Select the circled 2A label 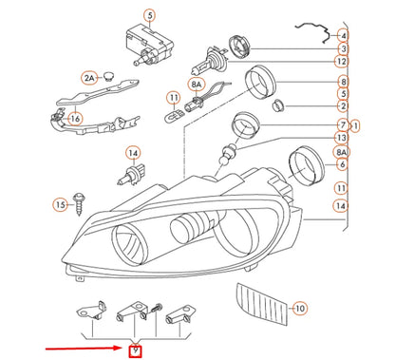[x=89, y=77]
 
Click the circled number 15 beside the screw [x=59, y=203]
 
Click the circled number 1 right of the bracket [x=356, y=125]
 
